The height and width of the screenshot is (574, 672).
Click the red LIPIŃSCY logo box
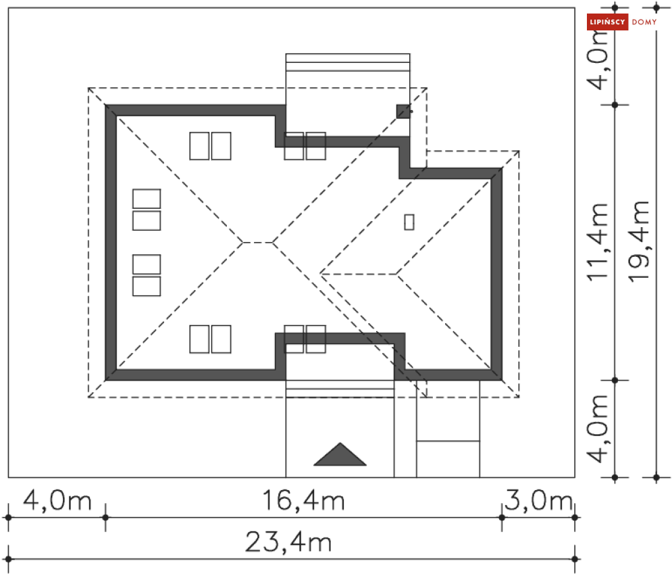coord(607,22)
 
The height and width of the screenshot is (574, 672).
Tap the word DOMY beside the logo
coord(644,22)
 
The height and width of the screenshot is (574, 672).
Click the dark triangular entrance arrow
coord(340,454)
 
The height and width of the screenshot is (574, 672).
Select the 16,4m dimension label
coord(303,500)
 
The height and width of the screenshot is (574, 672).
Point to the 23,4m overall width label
coord(288,542)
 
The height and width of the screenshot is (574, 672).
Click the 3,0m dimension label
coord(539,500)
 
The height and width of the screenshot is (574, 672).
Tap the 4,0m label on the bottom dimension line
coord(57,500)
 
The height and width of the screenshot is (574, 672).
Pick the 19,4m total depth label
coord(639,241)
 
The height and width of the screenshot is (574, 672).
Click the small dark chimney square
coord(403,112)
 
